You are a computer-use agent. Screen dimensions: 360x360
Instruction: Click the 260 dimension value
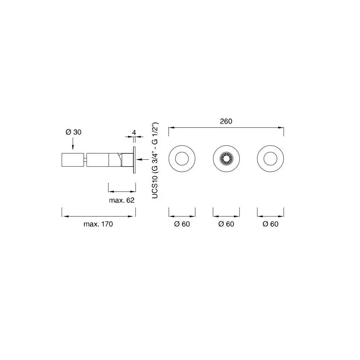[226, 121]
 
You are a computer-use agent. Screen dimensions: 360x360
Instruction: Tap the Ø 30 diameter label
[73, 132]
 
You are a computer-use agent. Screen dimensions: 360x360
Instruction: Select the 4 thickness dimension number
[134, 132]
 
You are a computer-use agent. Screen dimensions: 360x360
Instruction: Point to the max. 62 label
[122, 200]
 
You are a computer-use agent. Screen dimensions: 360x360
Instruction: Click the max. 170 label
[98, 224]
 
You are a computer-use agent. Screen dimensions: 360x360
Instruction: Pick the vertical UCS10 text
[155, 187]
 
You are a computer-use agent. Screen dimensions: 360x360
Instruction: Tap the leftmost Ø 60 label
[182, 224]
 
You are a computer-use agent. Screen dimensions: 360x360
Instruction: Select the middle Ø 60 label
[226, 224]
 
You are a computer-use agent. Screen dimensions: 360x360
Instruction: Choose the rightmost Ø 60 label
[271, 224]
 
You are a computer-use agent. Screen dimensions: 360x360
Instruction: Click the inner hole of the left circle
[182, 158]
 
